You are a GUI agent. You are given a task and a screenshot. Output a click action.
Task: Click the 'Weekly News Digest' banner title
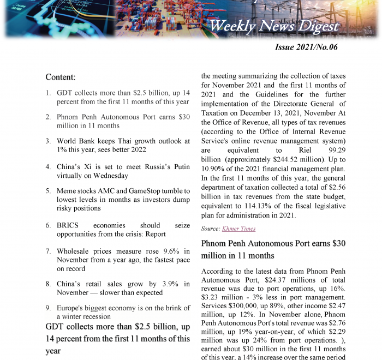[x=274, y=26]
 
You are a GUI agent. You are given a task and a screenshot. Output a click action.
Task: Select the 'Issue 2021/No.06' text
[x=306, y=47]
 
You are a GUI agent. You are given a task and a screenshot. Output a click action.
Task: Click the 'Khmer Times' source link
[x=240, y=229]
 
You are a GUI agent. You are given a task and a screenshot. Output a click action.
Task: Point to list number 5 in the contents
[x=49, y=191]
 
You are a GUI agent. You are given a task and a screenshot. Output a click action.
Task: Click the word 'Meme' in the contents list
[x=67, y=191]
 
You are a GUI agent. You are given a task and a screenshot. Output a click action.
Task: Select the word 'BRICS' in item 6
[x=69, y=225]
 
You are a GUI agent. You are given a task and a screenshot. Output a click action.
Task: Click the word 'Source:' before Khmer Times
[x=210, y=229]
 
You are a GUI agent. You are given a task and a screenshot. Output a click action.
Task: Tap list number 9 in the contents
[x=49, y=308]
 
